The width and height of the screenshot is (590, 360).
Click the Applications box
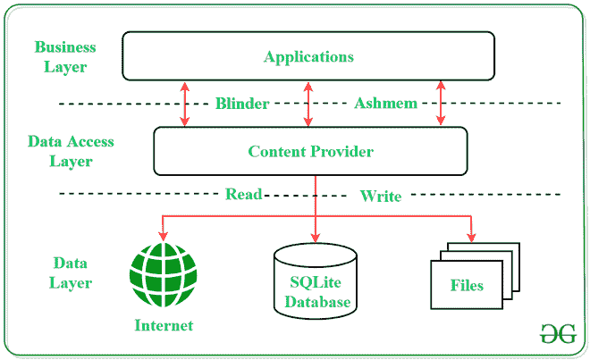308,56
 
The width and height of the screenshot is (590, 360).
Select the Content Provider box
310,151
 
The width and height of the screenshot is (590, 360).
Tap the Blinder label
241,104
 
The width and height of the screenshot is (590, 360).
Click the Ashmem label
385,104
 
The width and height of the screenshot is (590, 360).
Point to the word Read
243,194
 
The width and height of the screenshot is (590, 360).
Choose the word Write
381,196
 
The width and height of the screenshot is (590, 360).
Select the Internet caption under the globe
164,324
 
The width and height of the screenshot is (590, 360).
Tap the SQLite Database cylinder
316,280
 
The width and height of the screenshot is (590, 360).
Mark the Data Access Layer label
71,151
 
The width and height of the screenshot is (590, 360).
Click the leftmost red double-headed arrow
185,104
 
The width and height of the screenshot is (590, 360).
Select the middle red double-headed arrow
308,104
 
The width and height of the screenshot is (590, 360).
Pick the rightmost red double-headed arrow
440,104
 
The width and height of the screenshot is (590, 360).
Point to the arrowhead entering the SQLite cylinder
315,237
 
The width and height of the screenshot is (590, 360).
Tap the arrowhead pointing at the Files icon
471,237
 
